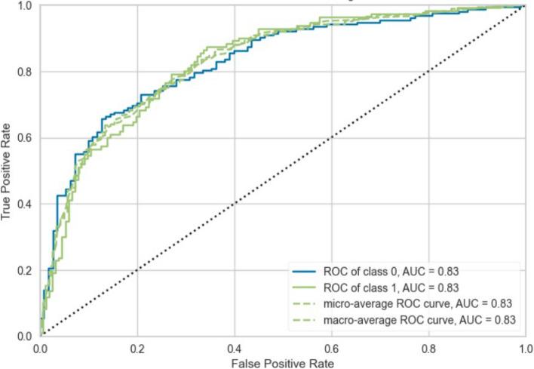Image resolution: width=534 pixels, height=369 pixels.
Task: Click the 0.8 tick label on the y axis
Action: click(25, 72)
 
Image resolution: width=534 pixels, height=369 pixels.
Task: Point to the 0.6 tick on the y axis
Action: click(25, 138)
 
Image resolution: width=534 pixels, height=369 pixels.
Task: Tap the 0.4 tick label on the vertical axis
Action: click(25, 204)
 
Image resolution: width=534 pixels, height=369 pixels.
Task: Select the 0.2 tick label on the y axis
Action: click(25, 270)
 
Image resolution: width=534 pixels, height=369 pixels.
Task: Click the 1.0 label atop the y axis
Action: click(25, 6)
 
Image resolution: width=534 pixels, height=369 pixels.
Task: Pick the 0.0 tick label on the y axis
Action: click(25, 336)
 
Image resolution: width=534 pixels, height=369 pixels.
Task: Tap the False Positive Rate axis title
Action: click(283, 363)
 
